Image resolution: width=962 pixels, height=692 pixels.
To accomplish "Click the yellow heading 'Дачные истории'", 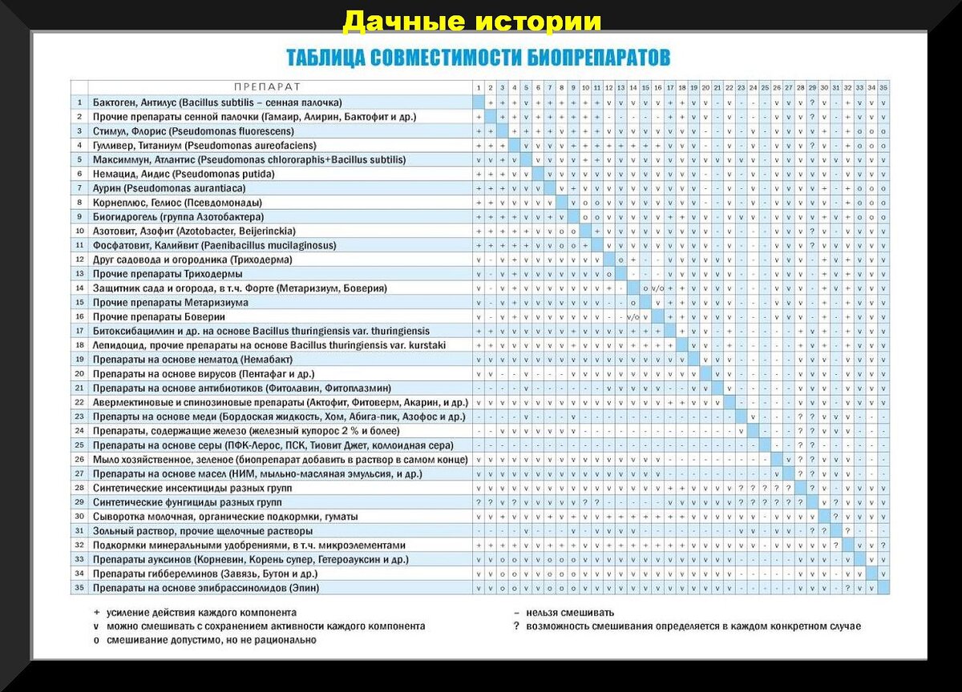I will (471, 22).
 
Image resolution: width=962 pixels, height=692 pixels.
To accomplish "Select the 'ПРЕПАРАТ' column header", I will (267, 87).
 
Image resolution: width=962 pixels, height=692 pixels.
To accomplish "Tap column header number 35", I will (883, 87).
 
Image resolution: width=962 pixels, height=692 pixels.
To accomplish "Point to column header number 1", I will (479, 87).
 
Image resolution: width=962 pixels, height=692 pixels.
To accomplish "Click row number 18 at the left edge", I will (79, 344).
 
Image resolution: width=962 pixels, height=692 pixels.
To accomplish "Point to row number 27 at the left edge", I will (79, 473).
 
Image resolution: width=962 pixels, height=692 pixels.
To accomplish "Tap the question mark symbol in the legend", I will (517, 626).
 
